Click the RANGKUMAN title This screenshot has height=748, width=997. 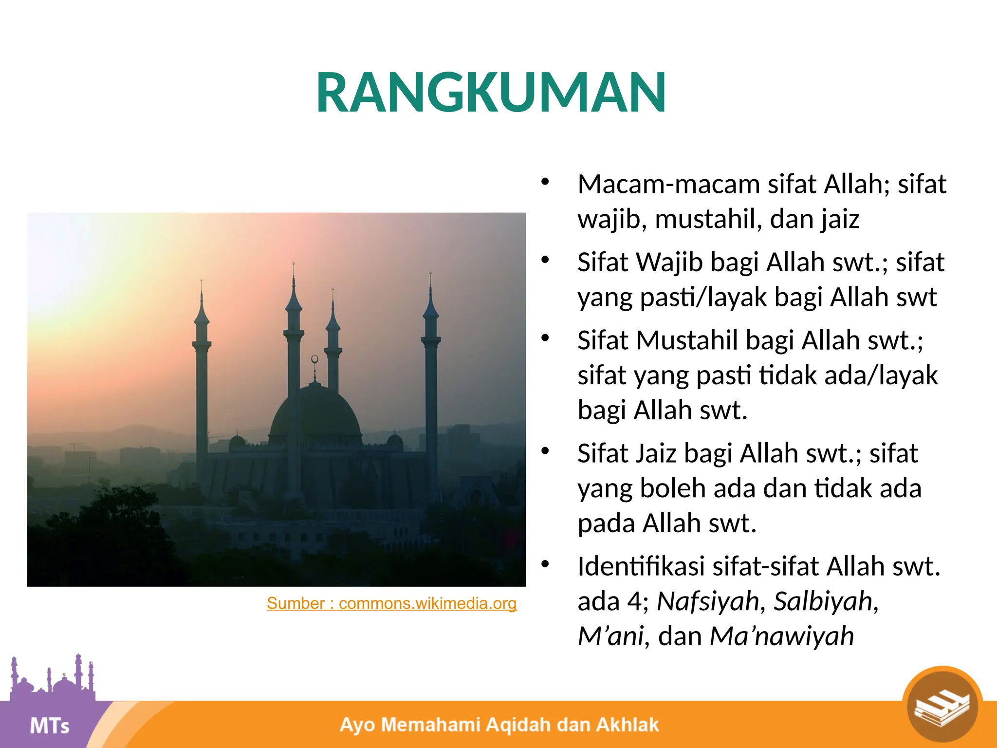[x=491, y=93]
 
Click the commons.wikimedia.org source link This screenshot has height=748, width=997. [x=391, y=603]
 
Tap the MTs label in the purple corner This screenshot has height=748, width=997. [x=49, y=726]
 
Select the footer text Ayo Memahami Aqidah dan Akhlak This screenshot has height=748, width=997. [x=499, y=725]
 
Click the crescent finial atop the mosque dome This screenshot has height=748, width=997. [x=314, y=359]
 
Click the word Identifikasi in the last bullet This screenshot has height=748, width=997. [x=641, y=566]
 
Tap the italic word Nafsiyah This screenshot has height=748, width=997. [x=707, y=601]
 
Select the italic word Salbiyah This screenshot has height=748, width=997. [x=823, y=601]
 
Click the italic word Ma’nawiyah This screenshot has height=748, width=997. [x=782, y=636]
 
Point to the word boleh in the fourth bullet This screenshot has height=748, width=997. [x=672, y=488]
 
